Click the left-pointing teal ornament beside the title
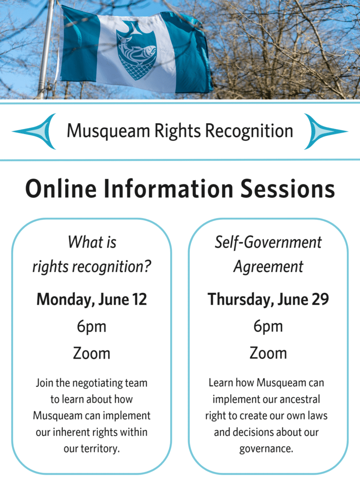pos(34,131)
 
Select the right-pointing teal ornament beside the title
pos(326,131)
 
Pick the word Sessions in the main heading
pos(288,189)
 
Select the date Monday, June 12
pos(91,299)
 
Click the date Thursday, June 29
pos(268,299)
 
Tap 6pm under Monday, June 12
pos(91,327)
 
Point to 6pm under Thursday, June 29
pos(268,327)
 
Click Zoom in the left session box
pos(91,353)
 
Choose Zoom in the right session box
pos(268,353)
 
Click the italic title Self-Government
pos(268,243)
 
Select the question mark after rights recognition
pos(147,266)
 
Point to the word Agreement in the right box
pos(268,267)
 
